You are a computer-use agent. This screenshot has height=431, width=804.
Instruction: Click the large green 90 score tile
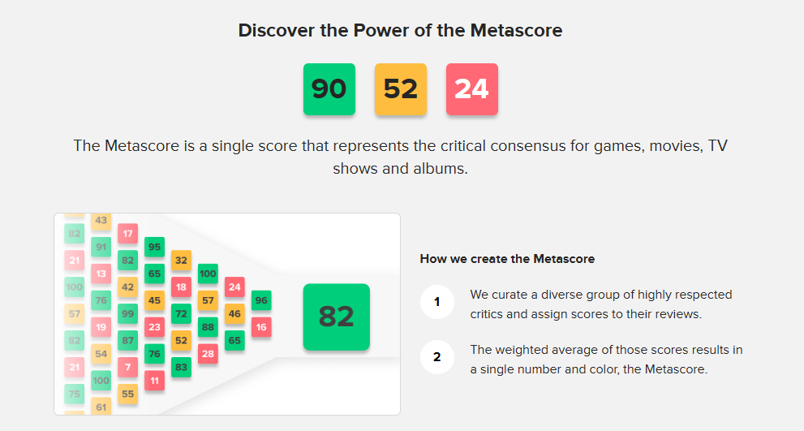coord(329,89)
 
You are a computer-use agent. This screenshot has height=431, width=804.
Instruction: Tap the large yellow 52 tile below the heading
coord(401,89)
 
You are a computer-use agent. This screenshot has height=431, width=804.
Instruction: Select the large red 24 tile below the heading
coord(471,89)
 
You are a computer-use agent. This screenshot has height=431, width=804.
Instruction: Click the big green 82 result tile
coord(337,317)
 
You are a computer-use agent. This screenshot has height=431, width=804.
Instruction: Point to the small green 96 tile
coord(261,300)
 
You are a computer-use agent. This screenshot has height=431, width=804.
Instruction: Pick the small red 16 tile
coord(261,327)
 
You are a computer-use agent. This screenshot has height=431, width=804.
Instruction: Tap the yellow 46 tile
coord(234,313)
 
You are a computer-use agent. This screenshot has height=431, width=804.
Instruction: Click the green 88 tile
coord(209,327)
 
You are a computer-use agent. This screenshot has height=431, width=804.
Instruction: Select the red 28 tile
coord(209,354)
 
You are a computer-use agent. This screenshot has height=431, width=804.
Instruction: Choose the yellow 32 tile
coord(182,260)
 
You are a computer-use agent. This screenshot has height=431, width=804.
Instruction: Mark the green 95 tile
coord(154,247)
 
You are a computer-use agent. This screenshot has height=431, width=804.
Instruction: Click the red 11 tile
coord(154,381)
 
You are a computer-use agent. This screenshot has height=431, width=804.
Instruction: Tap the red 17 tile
coord(127,234)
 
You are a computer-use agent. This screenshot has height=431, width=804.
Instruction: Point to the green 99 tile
coord(127,313)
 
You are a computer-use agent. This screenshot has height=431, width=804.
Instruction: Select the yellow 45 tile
coord(154,300)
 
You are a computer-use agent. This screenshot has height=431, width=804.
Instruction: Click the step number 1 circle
coord(436,302)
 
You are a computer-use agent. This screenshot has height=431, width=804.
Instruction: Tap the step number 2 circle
coord(436,356)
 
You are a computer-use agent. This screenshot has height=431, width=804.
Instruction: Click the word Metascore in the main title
coord(516,30)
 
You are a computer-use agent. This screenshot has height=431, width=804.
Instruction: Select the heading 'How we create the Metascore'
coord(507,259)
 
